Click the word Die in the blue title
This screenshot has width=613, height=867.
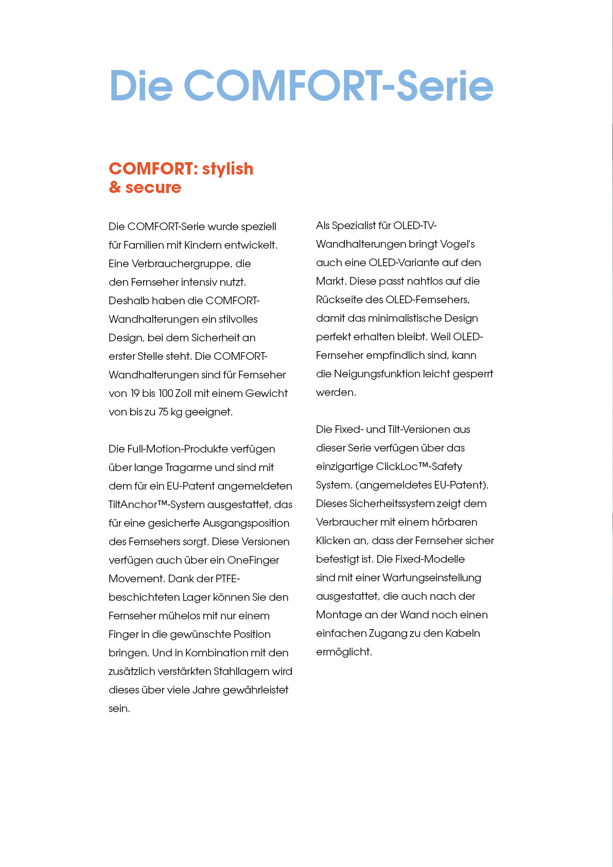[x=141, y=85]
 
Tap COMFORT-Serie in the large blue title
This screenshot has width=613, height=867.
[x=338, y=85]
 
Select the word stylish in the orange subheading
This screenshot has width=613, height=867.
[x=227, y=169]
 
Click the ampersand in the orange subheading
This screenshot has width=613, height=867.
[x=115, y=187]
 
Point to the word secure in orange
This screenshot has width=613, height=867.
[x=153, y=187]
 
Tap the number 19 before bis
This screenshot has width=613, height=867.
[x=135, y=393]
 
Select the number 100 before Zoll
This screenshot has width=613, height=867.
[x=166, y=393]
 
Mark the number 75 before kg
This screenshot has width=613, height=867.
[x=163, y=412]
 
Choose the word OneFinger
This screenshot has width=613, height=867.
[x=253, y=560]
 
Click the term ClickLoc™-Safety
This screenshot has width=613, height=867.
[x=419, y=466]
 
